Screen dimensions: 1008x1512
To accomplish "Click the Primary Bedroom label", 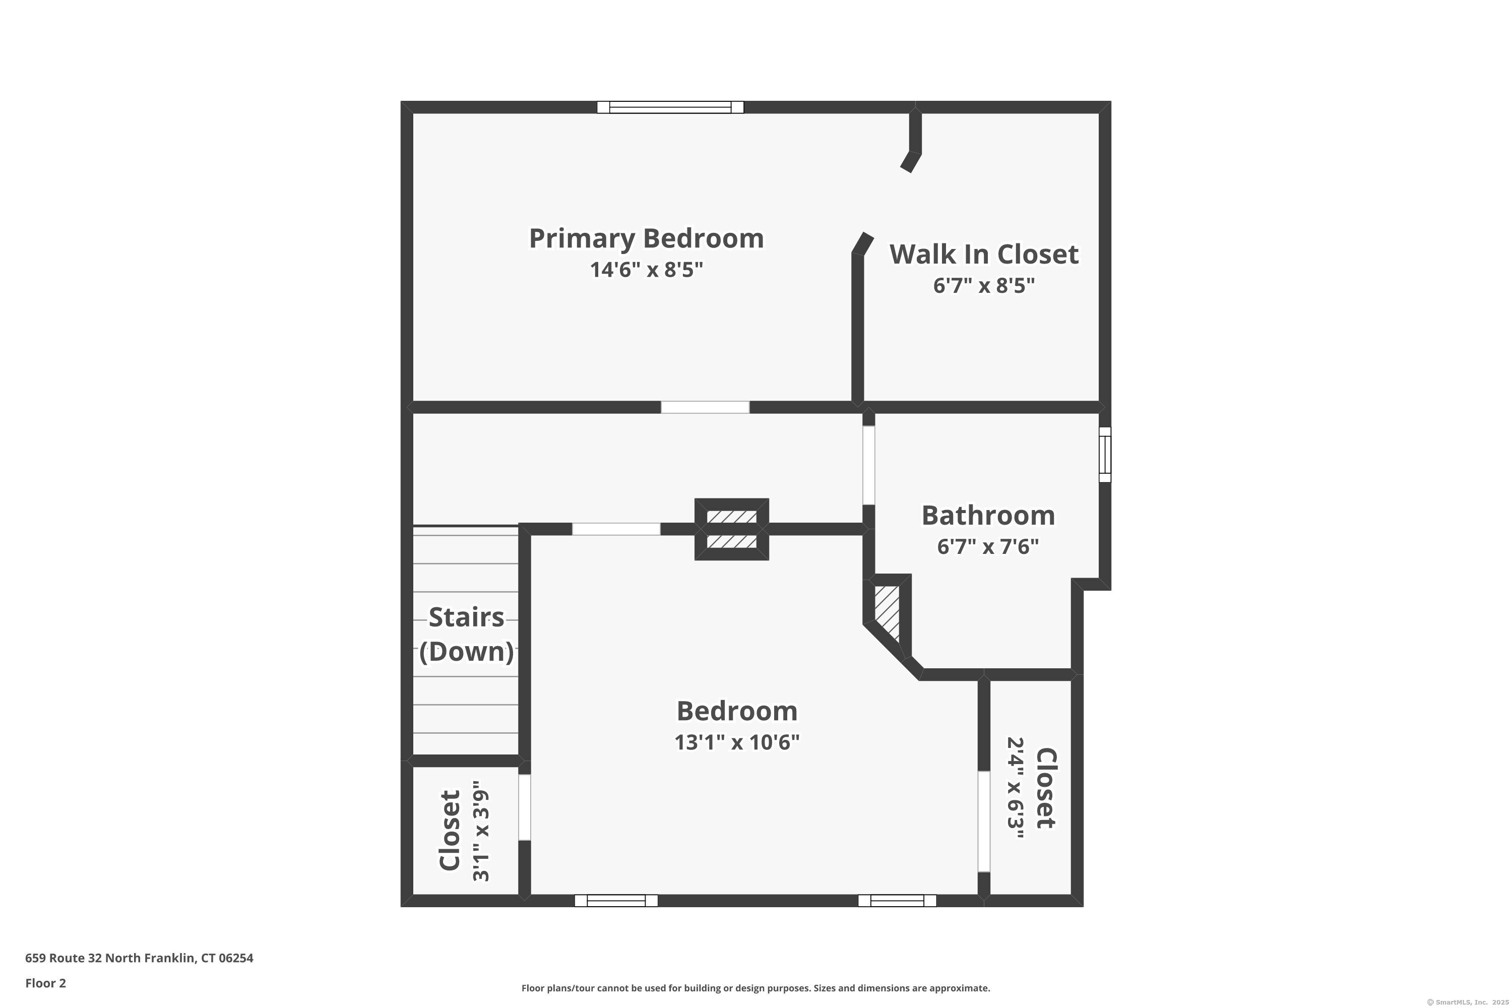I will [x=646, y=238].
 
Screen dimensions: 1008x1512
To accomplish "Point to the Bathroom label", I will [x=987, y=516].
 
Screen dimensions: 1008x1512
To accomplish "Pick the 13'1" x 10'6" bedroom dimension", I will [x=737, y=742].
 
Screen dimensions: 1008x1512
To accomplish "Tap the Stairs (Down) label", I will [x=466, y=634].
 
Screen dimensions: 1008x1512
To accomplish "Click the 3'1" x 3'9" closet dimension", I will [x=481, y=831].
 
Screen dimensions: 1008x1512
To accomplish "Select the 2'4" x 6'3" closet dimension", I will [x=1015, y=788].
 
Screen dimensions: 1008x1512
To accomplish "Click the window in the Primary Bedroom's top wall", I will [x=670, y=107].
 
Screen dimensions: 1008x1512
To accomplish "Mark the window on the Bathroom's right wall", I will [x=1104, y=455].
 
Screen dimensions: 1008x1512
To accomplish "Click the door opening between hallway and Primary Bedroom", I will [x=705, y=407].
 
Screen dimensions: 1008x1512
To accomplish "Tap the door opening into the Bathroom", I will [x=868, y=465].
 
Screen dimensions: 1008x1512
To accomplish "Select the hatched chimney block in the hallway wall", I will [x=732, y=529].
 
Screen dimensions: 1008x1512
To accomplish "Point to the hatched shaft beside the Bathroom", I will [x=887, y=611].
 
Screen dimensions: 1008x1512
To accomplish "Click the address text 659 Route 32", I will [x=139, y=958].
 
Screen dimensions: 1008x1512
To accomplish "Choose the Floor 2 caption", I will [x=46, y=983].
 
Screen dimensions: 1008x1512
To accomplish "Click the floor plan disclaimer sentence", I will [x=755, y=988].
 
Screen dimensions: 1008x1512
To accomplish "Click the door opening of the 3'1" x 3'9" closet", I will [x=525, y=807].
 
